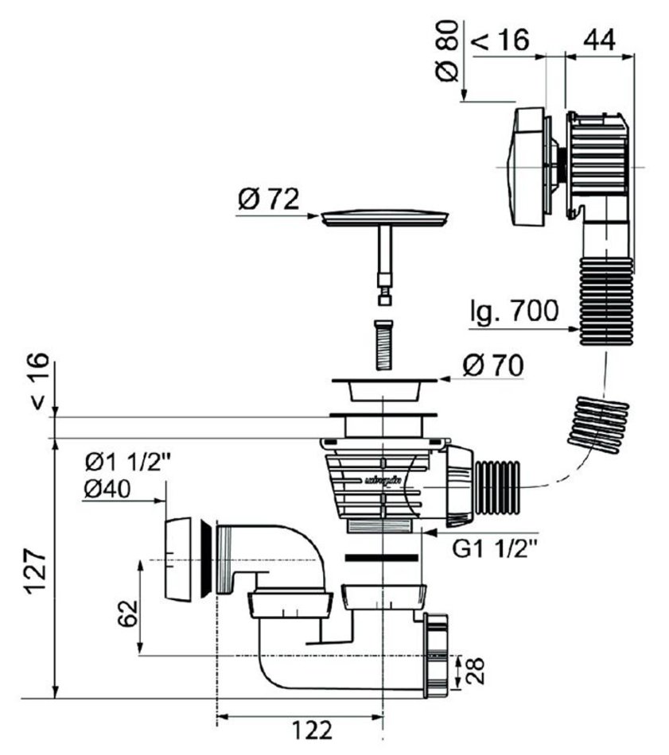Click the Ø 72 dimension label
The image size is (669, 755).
[x=268, y=199]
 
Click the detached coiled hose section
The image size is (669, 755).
[x=597, y=424]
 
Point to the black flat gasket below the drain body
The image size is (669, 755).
[x=383, y=557]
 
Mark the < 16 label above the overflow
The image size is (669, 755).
[x=500, y=40]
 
